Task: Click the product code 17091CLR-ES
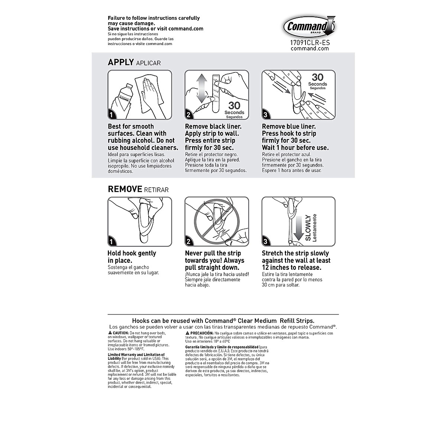coord(310,43)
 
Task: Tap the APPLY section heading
coord(120,62)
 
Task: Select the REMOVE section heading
coord(125,189)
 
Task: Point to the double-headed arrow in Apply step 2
coord(201,88)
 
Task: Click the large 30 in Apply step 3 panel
coord(317,77)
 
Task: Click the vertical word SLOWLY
coord(308,227)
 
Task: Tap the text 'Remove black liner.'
coord(213,126)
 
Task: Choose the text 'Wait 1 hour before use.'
coord(295,148)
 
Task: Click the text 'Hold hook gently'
coord(132,253)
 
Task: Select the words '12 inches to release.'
coord(291,268)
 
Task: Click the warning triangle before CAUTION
coord(110,332)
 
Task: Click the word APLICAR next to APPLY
coord(148,63)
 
